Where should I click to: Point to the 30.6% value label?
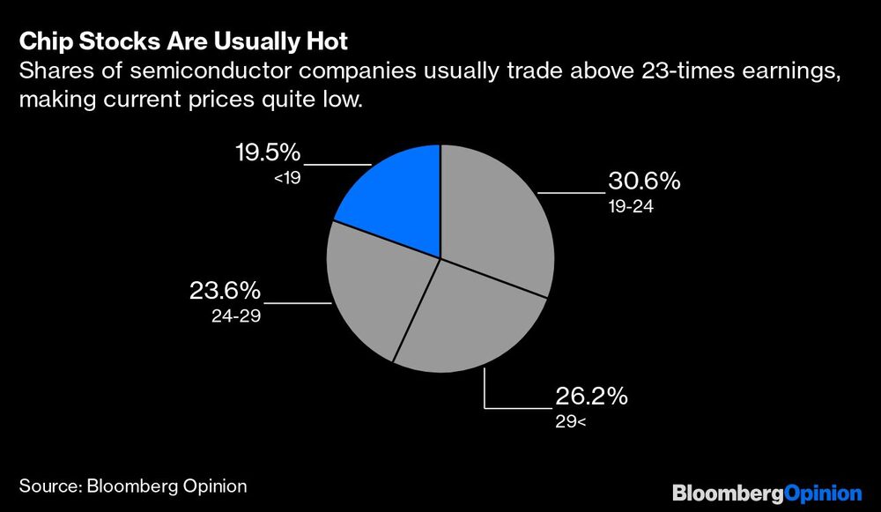[x=644, y=182]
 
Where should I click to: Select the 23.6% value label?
[x=225, y=291]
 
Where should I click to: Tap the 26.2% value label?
[x=591, y=397]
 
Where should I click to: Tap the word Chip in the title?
[x=42, y=41]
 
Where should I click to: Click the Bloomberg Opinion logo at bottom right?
[x=766, y=493]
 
